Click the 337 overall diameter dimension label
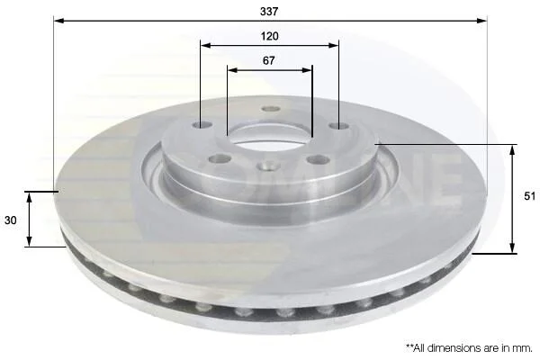(x=269, y=12)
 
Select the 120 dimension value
(x=269, y=36)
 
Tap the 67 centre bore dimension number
(x=268, y=60)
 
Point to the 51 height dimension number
(x=530, y=196)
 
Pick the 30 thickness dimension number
(x=10, y=220)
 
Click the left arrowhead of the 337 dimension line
(x=59, y=21)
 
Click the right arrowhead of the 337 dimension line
(x=481, y=21)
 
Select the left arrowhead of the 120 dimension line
(x=206, y=45)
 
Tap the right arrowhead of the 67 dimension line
(x=307, y=70)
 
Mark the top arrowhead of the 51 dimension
(x=512, y=150)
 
